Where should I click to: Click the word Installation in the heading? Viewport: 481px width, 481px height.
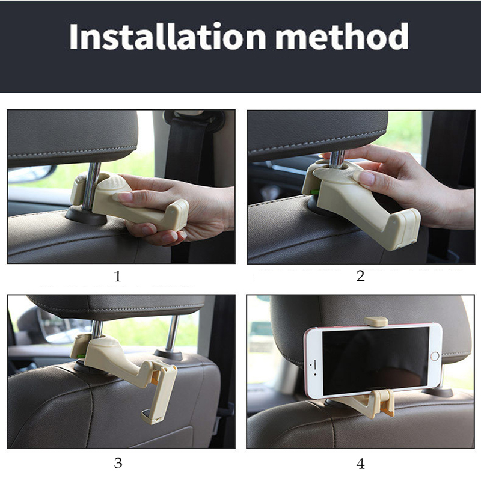coord(168,37)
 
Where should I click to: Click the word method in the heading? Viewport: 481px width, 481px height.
coord(343,37)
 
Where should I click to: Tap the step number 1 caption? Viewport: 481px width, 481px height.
coord(118,277)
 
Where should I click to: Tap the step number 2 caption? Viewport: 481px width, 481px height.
coord(360,277)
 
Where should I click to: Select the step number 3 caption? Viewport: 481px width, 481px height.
coord(118,463)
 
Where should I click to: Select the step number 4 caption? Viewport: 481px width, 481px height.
coord(360,464)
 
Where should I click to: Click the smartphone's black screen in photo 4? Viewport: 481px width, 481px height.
coord(373,361)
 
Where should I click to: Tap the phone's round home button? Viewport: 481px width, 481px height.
coord(434,356)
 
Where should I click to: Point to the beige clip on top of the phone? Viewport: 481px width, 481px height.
coord(376,321)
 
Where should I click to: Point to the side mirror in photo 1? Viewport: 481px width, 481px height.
coord(30,174)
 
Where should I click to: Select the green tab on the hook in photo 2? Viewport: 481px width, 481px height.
coord(314,192)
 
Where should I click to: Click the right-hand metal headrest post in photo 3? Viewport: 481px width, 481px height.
coord(171,333)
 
